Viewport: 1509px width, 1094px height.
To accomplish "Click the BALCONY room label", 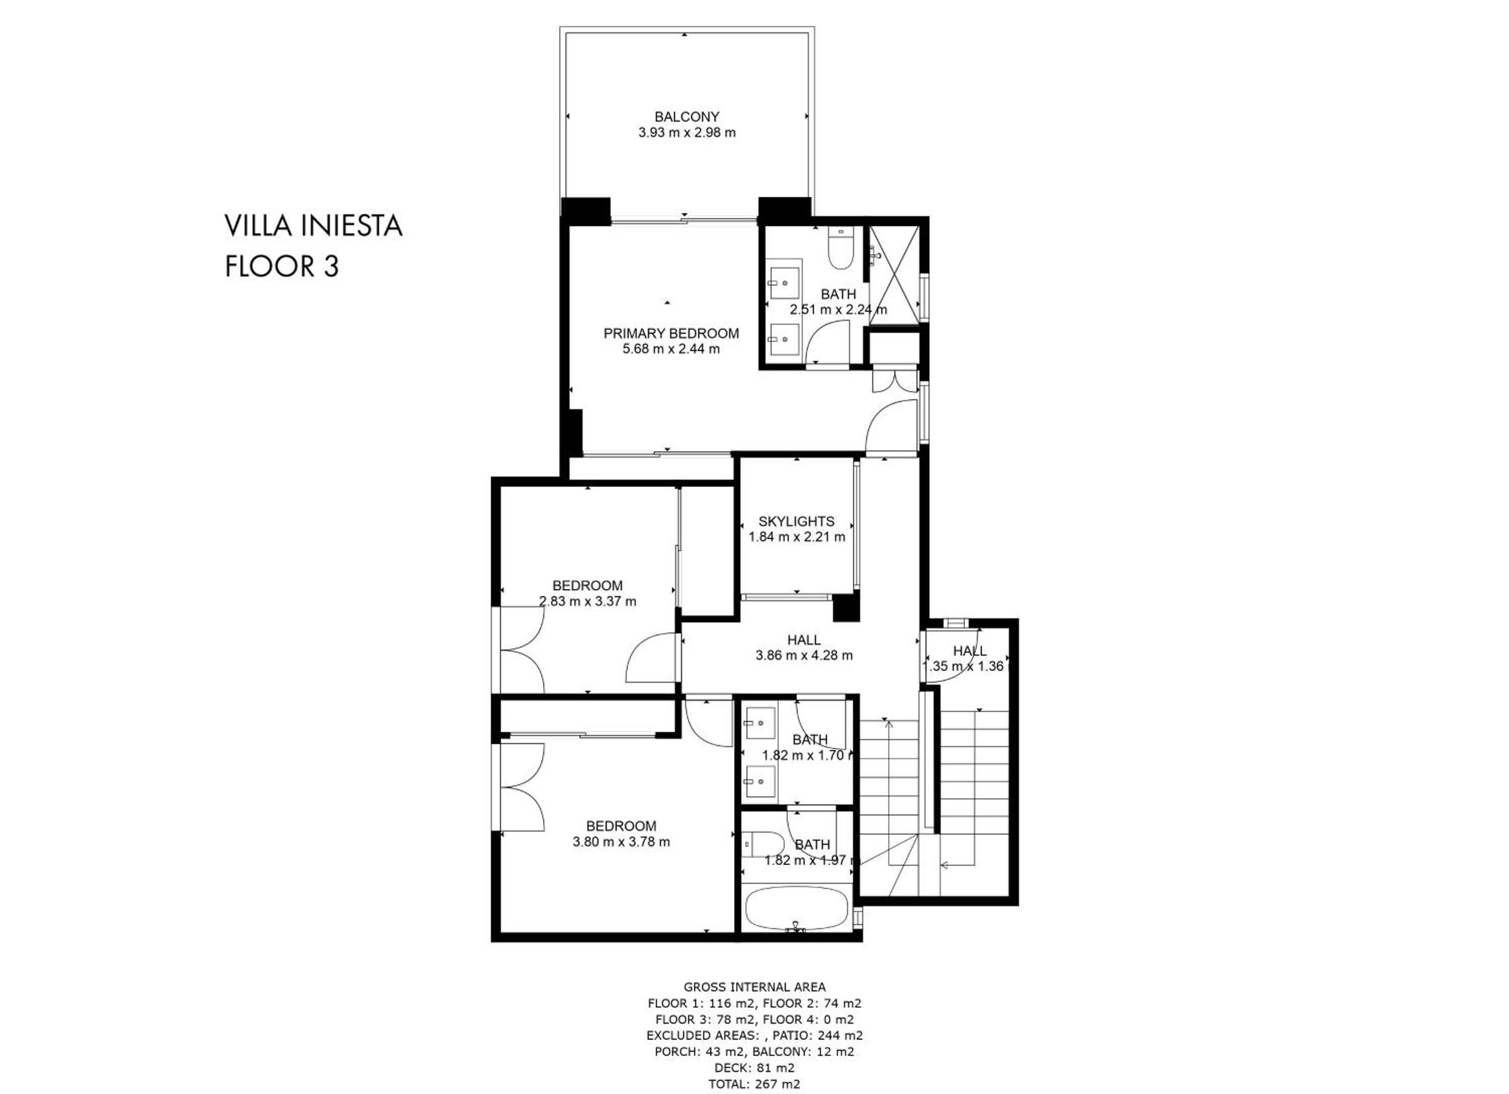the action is click(x=687, y=117).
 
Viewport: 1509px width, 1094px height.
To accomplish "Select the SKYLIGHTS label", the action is click(x=796, y=521).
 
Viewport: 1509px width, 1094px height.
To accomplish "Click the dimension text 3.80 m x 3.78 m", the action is click(x=621, y=842).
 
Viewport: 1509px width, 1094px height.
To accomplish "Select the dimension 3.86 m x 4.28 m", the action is click(x=804, y=655).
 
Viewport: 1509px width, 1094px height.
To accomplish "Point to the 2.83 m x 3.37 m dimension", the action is click(x=588, y=602).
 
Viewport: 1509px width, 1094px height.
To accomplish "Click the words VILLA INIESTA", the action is click(x=313, y=226).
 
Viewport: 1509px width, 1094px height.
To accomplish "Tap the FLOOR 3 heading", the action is click(x=282, y=266).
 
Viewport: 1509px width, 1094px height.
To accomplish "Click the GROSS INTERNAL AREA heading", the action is click(x=754, y=987).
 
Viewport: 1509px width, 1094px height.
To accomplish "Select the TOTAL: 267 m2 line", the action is click(x=754, y=1084).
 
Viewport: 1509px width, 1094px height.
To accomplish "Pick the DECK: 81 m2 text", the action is click(x=754, y=1068).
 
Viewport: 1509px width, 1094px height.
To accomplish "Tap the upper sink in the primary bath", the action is click(x=784, y=284).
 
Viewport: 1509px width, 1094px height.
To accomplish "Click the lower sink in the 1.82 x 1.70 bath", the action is click(x=759, y=781).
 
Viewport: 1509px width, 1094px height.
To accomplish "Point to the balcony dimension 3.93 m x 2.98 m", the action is click(x=687, y=132).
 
